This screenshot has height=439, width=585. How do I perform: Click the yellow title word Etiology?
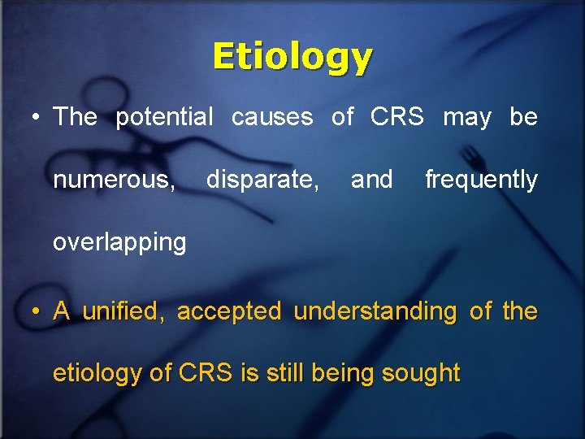pyautogui.click(x=292, y=57)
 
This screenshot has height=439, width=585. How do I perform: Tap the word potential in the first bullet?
pyautogui.click(x=164, y=117)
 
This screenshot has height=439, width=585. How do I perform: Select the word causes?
pyautogui.click(x=272, y=117)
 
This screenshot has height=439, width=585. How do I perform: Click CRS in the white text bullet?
pyautogui.click(x=396, y=117)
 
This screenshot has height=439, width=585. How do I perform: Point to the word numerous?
pyautogui.click(x=114, y=180)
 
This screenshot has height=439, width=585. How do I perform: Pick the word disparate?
pyautogui.click(x=262, y=180)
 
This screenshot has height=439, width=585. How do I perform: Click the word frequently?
pyautogui.click(x=481, y=180)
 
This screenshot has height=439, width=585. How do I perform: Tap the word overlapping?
pyautogui.click(x=119, y=242)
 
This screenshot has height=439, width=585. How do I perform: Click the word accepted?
pyautogui.click(x=229, y=311)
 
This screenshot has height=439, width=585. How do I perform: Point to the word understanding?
pyautogui.click(x=375, y=311)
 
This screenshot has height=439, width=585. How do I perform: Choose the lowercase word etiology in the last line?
pyautogui.click(x=98, y=374)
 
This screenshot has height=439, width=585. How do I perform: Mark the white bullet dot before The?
pyautogui.click(x=35, y=119)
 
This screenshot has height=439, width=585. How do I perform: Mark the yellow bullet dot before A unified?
pyautogui.click(x=35, y=312)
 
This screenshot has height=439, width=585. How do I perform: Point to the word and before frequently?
pyautogui.click(x=371, y=180)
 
